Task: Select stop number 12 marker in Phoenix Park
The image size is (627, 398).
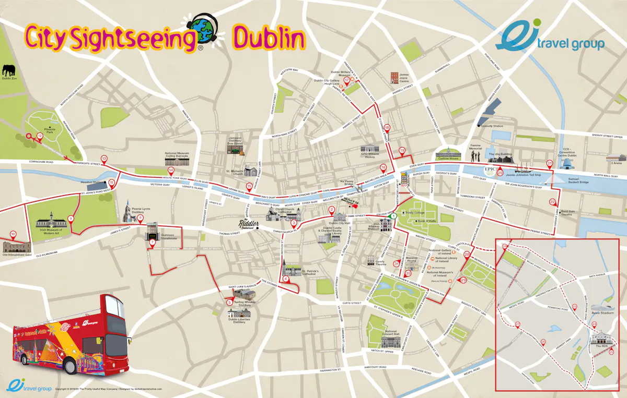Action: click(39, 136)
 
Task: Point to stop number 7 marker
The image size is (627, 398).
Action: click(153, 242)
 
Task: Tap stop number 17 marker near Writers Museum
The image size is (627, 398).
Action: click(346, 80)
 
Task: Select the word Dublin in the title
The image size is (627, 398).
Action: click(269, 38)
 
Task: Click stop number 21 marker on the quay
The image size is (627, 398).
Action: click(549, 163)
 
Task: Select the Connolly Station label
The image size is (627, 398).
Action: click(492, 126)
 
